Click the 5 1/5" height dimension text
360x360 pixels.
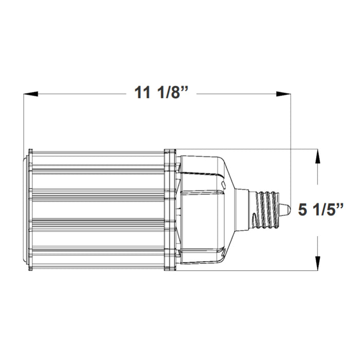click(x=320, y=210)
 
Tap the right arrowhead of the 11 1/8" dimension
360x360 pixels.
click(x=284, y=94)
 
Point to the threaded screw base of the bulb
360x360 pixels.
click(x=268, y=208)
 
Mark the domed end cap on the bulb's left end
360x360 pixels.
click(x=26, y=209)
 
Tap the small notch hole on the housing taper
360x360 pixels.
click(x=223, y=183)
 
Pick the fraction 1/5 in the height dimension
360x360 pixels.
click(x=327, y=210)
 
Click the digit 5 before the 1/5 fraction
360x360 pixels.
click(x=303, y=210)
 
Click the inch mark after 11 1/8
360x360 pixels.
click(x=186, y=91)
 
